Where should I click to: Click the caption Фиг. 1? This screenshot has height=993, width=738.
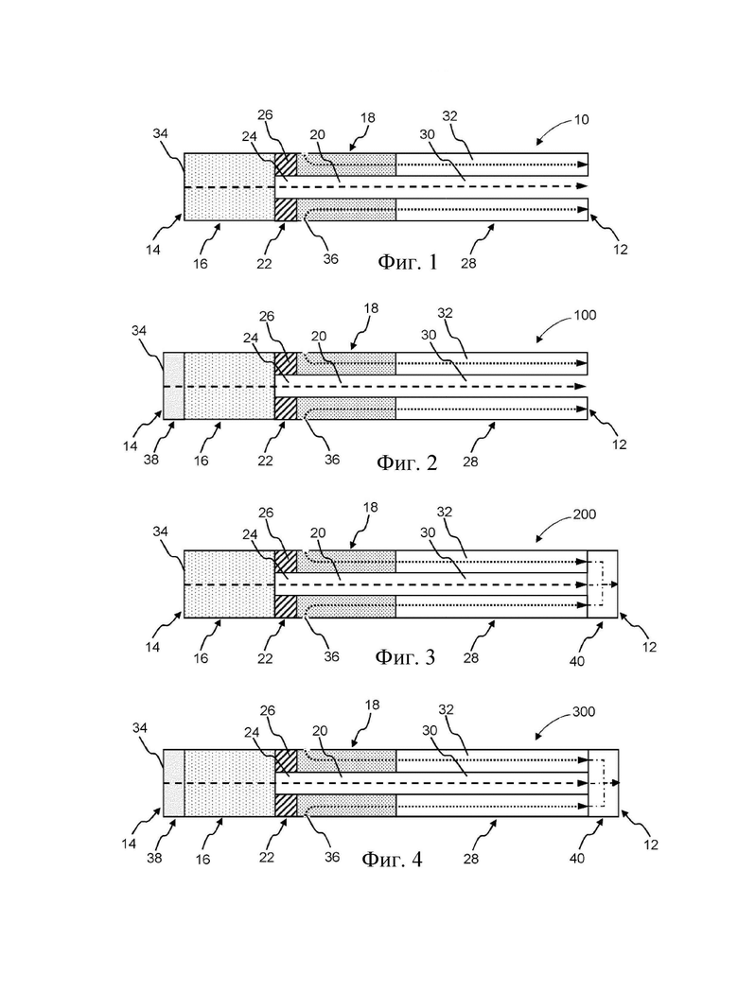coord(408,262)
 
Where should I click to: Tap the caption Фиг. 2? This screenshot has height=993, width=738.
coord(407,462)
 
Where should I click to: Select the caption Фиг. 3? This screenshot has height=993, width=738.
coord(405,656)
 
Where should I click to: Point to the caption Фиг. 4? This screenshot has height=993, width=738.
coord(392,859)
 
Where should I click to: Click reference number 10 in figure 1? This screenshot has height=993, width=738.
coord(581,119)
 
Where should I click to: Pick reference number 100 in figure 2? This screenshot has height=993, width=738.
coord(585,315)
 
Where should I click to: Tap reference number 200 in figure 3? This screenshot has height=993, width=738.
coord(584,514)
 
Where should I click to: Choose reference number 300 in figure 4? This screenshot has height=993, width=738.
coord(584,712)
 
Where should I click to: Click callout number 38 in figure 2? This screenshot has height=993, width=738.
coord(150,460)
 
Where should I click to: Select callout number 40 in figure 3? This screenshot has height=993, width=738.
coord(577,661)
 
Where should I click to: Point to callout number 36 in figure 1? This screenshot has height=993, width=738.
coord(330,258)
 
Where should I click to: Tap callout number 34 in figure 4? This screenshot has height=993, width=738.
coord(139,727)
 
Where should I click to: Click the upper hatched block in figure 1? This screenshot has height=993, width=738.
coord(286,165)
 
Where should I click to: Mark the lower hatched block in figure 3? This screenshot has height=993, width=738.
coord(286,607)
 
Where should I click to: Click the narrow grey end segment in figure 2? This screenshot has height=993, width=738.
coord(173,386)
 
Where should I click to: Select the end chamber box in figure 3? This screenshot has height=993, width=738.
coord(603,584)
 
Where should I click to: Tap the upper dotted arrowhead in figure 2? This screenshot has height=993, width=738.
coord(581,363)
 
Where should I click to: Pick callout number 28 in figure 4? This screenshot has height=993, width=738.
coord(470,859)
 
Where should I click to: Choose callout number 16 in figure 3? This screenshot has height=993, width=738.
coord(201,658)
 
